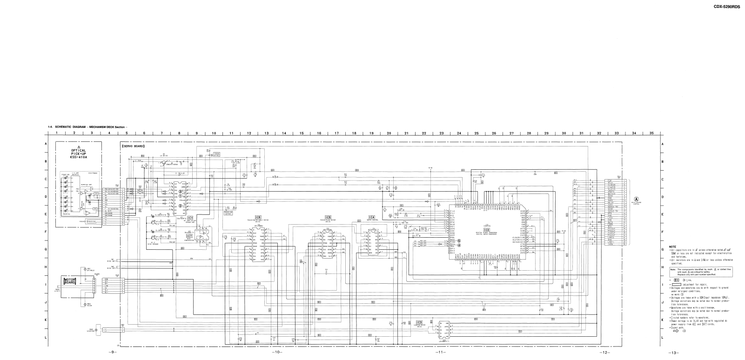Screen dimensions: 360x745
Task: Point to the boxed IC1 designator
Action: point(190,218)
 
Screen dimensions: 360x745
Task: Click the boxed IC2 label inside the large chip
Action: point(487,230)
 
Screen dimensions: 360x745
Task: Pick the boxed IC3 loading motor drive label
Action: point(419,322)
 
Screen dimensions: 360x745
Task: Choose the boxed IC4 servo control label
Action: point(371,217)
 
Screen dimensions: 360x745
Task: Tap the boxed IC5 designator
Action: point(328,217)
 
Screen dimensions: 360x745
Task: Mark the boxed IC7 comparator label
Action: point(189,236)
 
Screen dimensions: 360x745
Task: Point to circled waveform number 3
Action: point(181,192)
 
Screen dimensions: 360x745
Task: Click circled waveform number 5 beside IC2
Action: point(459,241)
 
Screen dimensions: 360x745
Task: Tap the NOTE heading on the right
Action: point(673,247)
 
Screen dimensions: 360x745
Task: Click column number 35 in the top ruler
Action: point(651,133)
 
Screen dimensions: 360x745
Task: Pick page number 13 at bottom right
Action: point(673,352)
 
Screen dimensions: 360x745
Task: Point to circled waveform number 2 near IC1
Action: point(181,206)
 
